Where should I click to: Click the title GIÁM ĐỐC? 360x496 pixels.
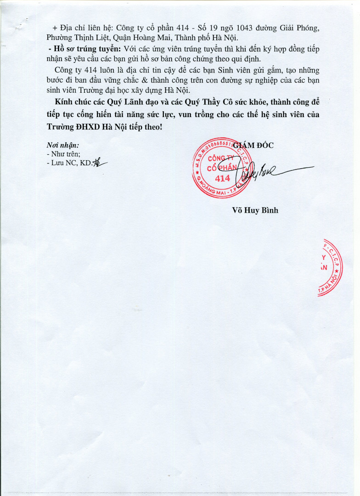coord(254,146)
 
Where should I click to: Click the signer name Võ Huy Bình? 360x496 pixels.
coord(255,210)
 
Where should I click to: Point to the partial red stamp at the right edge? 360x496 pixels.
coord(332,268)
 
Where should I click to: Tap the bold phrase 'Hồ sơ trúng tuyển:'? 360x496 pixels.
coord(86,49)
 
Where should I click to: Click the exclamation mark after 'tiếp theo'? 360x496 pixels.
coord(161,125)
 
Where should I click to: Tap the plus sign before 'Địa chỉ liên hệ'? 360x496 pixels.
coord(56,28)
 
